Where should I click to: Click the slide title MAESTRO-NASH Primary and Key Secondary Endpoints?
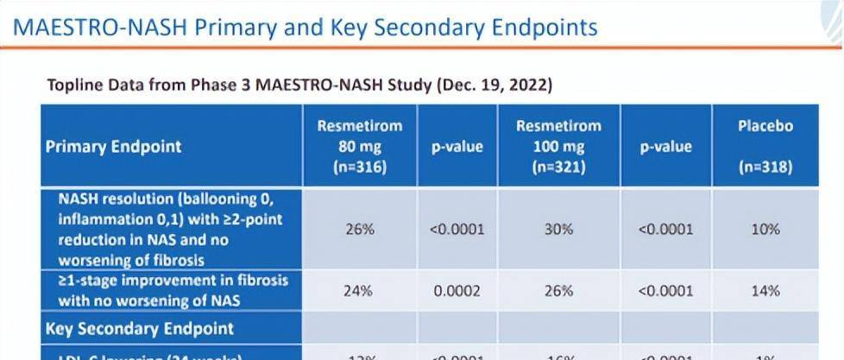[306, 27]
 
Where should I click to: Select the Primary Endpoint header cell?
[114, 146]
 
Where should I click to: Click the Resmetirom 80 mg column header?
[360, 147]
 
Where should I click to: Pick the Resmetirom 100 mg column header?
[558, 147]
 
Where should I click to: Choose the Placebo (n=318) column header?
[765, 147]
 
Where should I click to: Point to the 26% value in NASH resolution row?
[360, 230]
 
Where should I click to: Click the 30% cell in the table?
[558, 230]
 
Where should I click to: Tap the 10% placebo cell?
[765, 230]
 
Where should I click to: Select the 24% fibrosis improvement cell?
[360, 291]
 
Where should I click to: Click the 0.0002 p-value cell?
[457, 291]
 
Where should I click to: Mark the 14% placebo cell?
[765, 291]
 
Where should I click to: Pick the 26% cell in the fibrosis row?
[558, 291]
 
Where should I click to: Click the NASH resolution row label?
[171, 229]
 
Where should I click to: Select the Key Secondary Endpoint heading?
[139, 329]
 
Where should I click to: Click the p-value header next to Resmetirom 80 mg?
[457, 147]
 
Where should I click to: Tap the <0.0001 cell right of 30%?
[664, 230]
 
